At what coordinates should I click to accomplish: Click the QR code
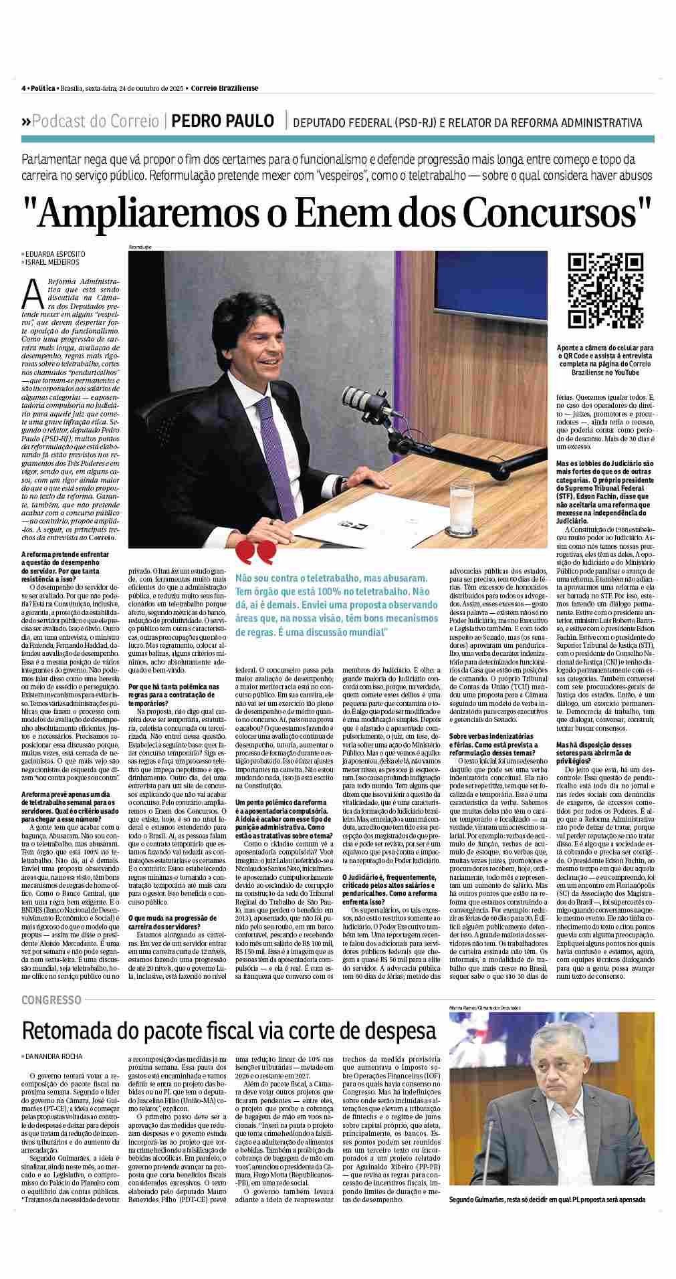coord(605,291)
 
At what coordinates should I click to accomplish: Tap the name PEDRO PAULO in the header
coord(223,121)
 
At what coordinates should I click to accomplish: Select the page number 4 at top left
coord(23,88)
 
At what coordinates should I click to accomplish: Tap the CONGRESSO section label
coord(51,1000)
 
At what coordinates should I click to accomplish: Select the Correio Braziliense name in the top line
coord(224,88)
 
